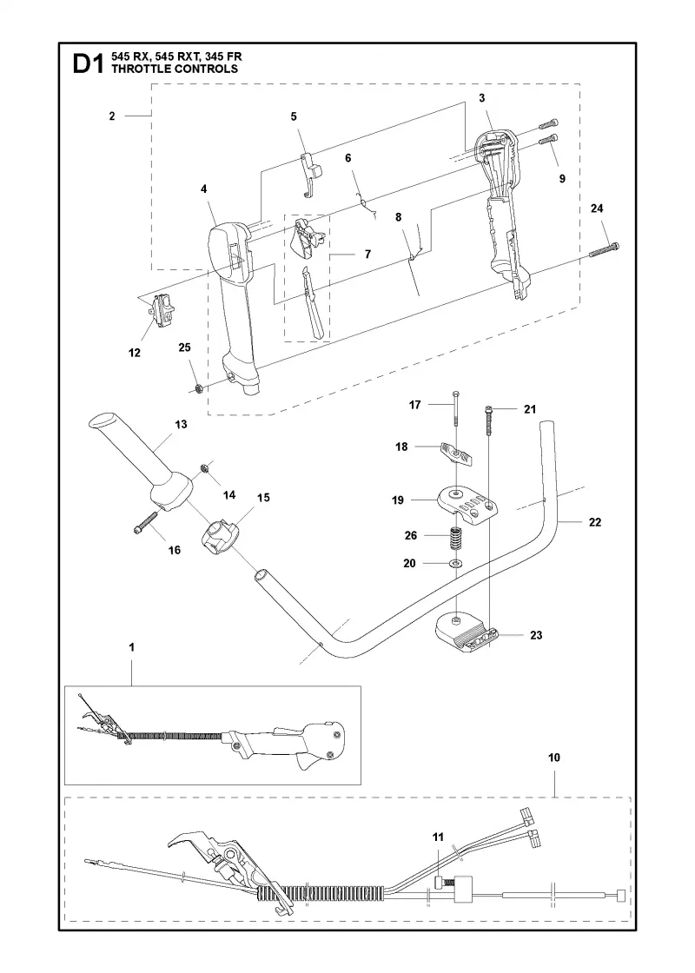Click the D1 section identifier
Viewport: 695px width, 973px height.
(88, 64)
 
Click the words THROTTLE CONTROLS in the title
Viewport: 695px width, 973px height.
(175, 69)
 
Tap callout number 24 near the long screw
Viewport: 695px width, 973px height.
(596, 208)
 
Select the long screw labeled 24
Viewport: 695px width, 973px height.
(604, 251)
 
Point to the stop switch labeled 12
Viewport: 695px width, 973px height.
(164, 310)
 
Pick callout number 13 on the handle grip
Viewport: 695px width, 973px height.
(182, 425)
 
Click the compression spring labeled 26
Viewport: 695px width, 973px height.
(456, 536)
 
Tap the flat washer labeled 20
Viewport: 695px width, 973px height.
(457, 564)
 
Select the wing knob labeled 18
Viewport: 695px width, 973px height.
(459, 453)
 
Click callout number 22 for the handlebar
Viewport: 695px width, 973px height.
(595, 522)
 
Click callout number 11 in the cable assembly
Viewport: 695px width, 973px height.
(438, 837)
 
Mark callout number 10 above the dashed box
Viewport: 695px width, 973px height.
(554, 757)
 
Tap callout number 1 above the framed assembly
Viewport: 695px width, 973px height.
(131, 647)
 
